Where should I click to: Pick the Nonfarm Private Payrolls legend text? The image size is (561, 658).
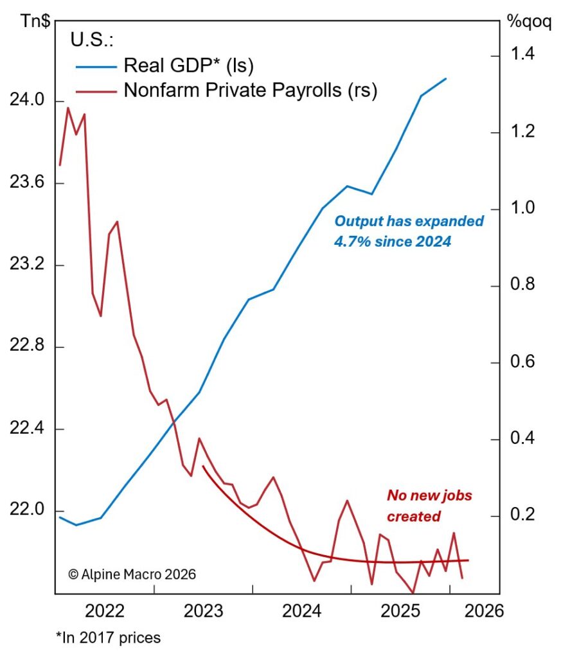[x=250, y=90]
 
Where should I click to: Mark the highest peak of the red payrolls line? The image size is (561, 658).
[x=68, y=107]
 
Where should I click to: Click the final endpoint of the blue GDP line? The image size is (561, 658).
[x=446, y=78]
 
